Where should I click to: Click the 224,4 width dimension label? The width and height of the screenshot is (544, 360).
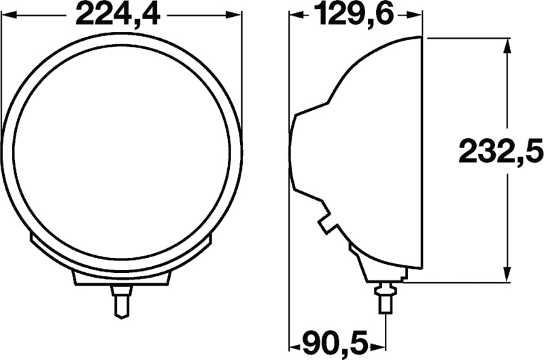(x=122, y=14)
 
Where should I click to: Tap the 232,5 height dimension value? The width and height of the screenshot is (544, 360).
(x=500, y=152)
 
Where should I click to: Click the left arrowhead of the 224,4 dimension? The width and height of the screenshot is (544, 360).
(x=8, y=14)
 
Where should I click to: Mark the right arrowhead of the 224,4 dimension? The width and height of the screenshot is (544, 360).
(x=235, y=14)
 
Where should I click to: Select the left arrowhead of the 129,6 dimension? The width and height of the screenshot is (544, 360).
(x=296, y=14)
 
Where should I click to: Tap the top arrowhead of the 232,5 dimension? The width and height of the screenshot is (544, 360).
(x=507, y=45)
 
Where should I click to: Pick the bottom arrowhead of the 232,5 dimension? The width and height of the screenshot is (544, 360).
(x=507, y=274)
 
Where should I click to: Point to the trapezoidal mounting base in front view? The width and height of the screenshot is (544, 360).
(x=121, y=276)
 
